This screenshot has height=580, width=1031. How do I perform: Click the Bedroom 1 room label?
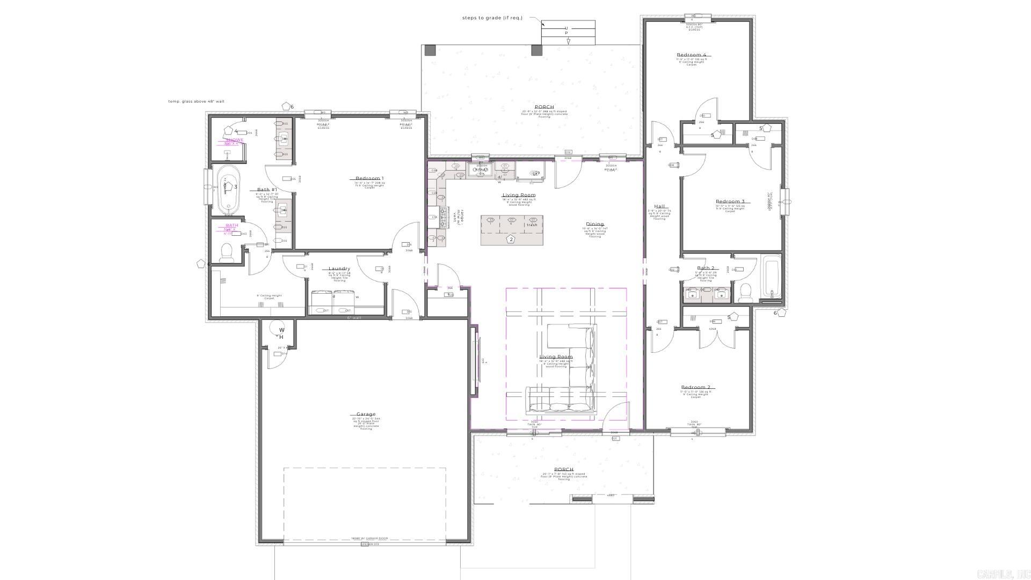tap(369, 178)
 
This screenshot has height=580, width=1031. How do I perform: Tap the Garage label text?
tap(366, 414)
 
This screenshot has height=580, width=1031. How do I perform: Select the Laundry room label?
tap(339, 269)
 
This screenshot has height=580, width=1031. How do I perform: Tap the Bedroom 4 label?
tap(691, 55)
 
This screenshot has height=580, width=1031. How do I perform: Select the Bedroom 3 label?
tap(730, 202)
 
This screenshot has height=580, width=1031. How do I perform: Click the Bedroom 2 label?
tap(695, 387)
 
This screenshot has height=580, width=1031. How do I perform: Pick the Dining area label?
tap(594, 224)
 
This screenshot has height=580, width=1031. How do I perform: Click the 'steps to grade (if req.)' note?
tap(492, 18)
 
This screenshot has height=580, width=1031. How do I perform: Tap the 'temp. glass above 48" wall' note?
tap(196, 101)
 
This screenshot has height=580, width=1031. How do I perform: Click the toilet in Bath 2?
tap(745, 292)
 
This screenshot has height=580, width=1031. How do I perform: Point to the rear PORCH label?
tap(544, 107)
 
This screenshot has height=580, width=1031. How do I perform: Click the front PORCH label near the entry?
tap(563, 469)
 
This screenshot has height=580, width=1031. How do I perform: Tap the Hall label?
tap(659, 206)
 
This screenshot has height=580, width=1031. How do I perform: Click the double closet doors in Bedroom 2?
tap(714, 337)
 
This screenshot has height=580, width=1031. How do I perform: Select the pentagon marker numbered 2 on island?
tap(511, 239)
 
